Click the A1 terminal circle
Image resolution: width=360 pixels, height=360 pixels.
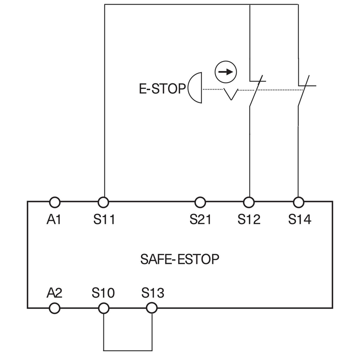click(54, 201)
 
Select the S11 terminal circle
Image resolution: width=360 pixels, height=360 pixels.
click(104, 201)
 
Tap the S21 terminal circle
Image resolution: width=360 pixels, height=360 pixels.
click(200, 201)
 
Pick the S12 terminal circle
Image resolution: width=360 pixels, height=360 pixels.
click(249, 201)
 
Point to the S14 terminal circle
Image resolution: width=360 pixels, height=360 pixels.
click(298, 201)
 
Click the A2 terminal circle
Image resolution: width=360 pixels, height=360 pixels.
click(54, 309)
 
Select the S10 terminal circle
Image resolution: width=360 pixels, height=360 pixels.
click(104, 309)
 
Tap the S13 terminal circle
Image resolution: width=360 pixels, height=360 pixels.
click(151, 309)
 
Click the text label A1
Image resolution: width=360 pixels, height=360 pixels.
click(54, 220)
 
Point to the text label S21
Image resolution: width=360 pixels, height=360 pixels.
click(201, 220)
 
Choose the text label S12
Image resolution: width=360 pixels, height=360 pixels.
click(249, 220)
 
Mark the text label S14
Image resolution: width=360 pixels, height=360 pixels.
click(299, 220)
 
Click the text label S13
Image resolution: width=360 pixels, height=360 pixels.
click(152, 292)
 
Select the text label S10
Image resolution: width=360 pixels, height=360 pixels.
click(103, 292)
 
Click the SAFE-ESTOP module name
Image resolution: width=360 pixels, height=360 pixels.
click(180, 259)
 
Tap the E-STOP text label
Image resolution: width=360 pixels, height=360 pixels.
click(163, 88)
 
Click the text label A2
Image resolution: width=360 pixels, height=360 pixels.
click(54, 292)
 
